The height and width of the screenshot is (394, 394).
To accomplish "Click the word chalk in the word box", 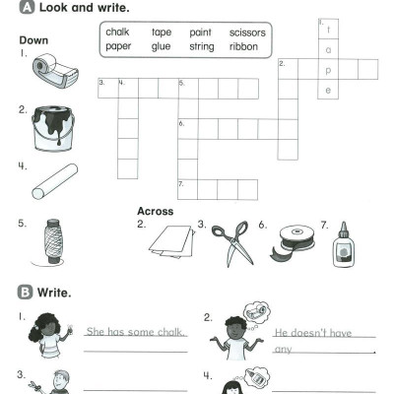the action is pos(117,32).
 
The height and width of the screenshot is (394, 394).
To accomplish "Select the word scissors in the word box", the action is pos(247,33).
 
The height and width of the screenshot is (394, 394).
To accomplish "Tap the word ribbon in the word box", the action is pos(243,46).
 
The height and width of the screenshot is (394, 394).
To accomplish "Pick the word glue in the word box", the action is pos(161,46).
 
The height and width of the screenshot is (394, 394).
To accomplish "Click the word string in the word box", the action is pos(202,46).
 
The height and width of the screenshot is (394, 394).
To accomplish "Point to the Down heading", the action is pos(33,40).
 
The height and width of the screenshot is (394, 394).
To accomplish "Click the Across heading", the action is pos(155,211).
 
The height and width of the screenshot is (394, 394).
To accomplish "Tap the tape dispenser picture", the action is pos(55,71).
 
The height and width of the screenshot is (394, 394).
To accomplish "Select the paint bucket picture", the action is pos(53,128).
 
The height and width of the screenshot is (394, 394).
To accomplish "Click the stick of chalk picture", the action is pos(55,181).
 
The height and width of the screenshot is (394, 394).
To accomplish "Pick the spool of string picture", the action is pos(52,242).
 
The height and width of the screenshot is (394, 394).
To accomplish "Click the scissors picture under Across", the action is pos(232,243).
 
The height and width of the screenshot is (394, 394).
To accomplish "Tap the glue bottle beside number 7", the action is pos(344,244).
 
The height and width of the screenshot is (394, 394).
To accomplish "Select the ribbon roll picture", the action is pos(293,242).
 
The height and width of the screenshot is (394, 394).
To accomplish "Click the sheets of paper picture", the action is pos(172,241).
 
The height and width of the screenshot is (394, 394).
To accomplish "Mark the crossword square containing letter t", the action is pos(328,30).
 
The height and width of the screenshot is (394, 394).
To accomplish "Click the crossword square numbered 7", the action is pos(187,189).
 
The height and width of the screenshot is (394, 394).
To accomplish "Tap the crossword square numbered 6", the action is pos(188,129).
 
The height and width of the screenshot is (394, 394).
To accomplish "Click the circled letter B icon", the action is pos(25,293).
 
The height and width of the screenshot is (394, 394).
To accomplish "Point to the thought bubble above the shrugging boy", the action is pos(257,313).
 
